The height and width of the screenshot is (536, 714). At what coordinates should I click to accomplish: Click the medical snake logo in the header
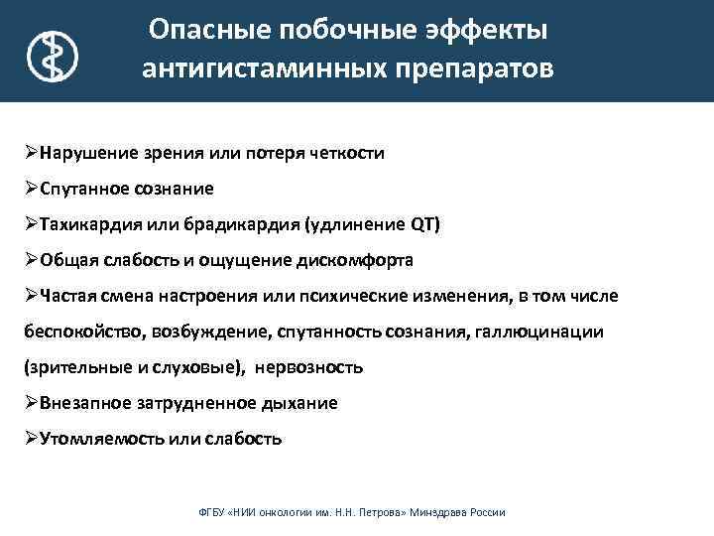pos(51,55)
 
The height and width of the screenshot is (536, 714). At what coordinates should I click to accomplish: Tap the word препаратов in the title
pos(464,70)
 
